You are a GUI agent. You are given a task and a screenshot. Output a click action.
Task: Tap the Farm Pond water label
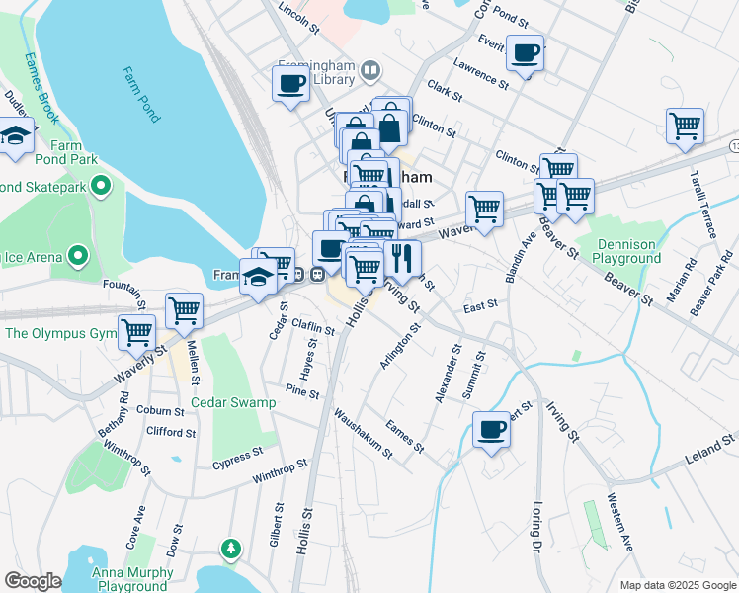pyautogui.click(x=141, y=94)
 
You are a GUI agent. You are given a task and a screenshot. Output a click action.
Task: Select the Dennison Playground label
pyautogui.click(x=626, y=251)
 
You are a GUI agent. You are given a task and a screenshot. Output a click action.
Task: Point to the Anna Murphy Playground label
pyautogui.click(x=131, y=578)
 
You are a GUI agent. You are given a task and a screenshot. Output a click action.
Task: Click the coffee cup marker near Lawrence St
pyautogui.click(x=526, y=52)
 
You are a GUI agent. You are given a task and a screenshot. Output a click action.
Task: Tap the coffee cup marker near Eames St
pyautogui.click(x=491, y=430)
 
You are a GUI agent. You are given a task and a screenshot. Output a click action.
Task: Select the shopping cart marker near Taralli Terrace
pyautogui.click(x=684, y=127)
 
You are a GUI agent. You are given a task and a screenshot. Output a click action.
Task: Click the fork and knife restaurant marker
pyautogui.click(x=401, y=259)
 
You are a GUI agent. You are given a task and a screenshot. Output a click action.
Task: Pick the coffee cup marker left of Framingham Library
pyautogui.click(x=291, y=83)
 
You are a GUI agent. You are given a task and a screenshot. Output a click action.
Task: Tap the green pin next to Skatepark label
pyautogui.click(x=100, y=186)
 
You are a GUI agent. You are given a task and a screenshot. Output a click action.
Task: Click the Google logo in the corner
pyautogui.click(x=33, y=581)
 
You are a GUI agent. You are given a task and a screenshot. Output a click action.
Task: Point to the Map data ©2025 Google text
pyautogui.click(x=677, y=585)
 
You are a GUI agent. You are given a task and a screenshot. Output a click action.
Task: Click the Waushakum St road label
pyautogui.click(x=363, y=433)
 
